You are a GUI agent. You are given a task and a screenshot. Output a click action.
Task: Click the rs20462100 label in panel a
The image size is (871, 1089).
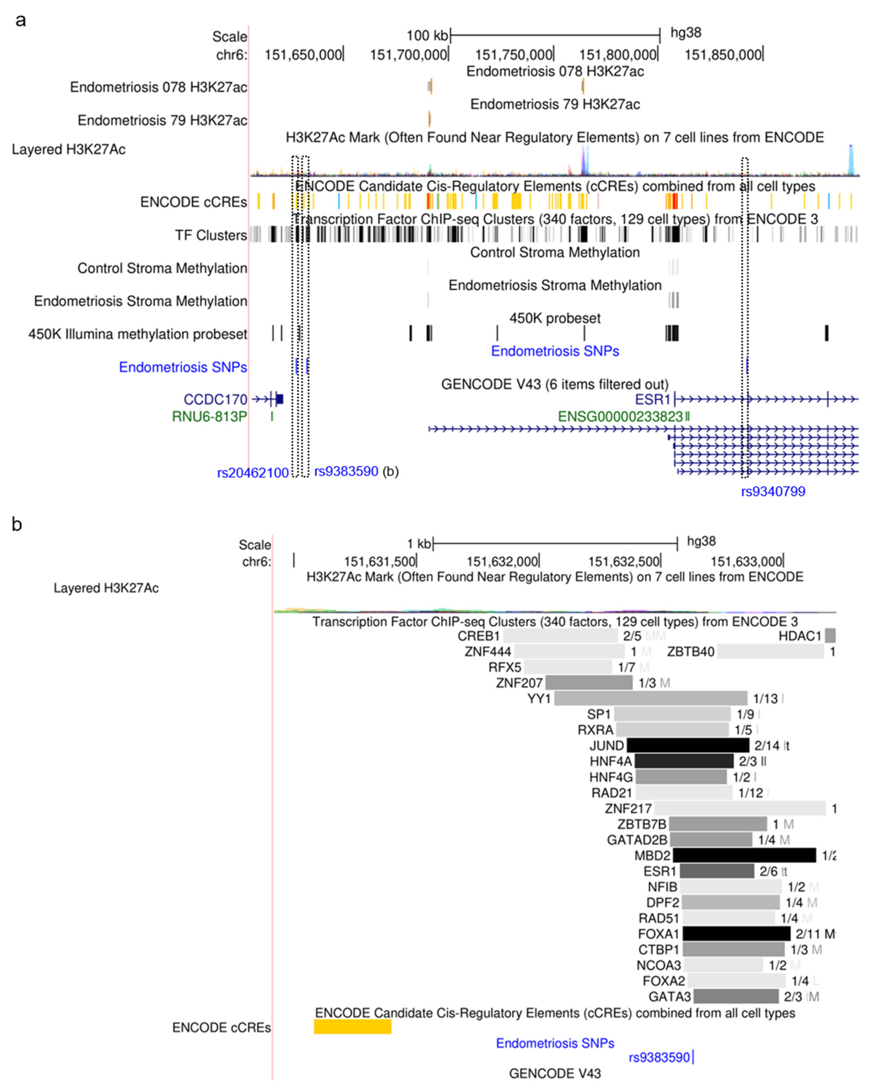click(x=253, y=473)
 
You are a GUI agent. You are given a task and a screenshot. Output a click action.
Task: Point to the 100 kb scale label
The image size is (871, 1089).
click(x=427, y=35)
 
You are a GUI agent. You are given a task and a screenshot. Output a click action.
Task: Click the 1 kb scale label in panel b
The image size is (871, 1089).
click(x=419, y=544)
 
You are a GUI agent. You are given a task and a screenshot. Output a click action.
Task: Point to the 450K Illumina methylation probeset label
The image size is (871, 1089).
click(x=138, y=334)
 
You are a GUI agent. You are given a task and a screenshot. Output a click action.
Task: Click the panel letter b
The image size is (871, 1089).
click(x=17, y=524)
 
